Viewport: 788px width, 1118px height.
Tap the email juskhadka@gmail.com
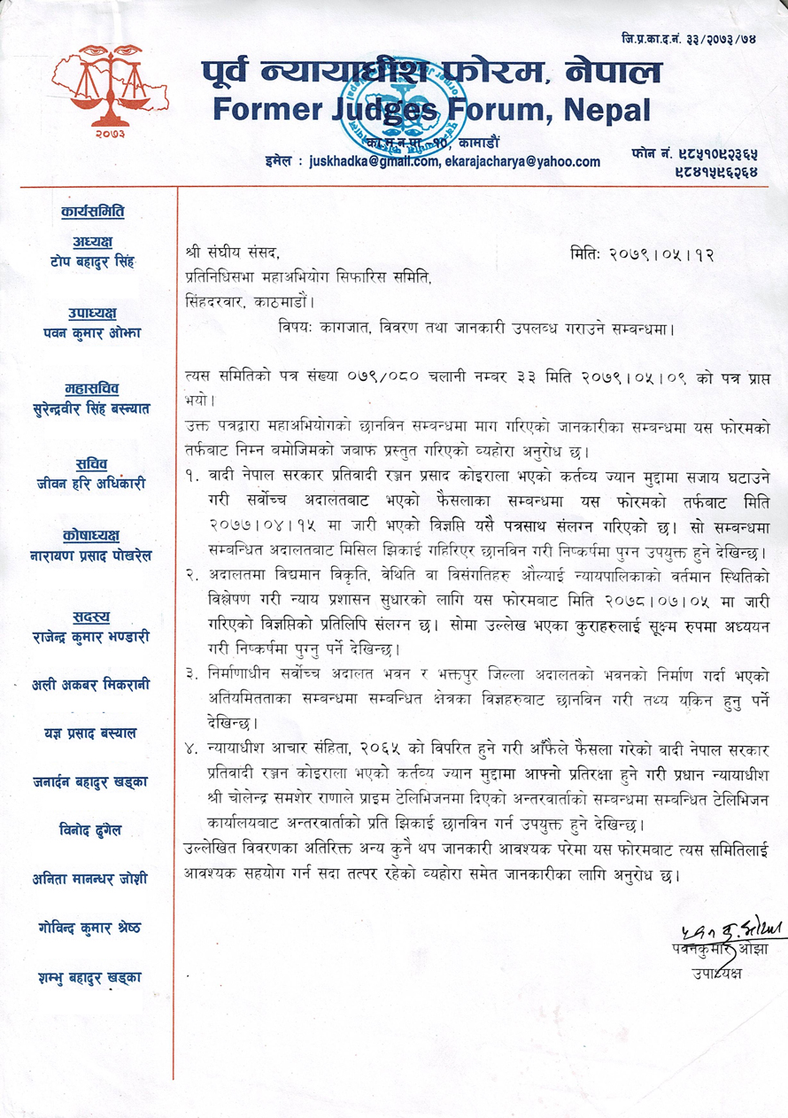(374, 162)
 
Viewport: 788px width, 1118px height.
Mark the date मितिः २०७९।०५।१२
(643, 254)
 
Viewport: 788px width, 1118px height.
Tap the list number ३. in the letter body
(192, 665)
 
